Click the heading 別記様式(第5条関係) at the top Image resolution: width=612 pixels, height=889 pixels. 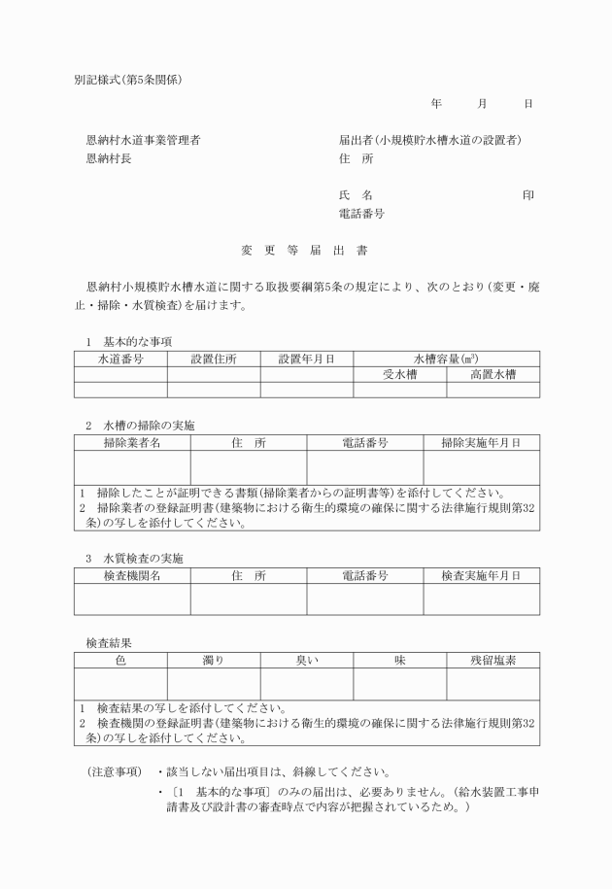127,79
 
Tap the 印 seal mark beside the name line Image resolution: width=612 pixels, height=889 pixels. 527,195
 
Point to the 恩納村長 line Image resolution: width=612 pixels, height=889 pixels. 109,158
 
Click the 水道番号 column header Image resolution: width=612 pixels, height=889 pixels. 120,359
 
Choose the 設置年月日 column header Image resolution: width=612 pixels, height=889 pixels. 306,359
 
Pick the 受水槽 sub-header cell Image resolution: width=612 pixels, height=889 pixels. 399,374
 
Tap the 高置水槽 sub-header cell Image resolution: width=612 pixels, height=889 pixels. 493,374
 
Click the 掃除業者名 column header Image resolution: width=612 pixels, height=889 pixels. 132,443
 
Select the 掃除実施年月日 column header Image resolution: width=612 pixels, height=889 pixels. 481,443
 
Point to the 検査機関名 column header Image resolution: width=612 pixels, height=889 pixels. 132,576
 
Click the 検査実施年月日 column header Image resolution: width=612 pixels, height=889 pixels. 481,576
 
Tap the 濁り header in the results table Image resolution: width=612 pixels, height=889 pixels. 214,661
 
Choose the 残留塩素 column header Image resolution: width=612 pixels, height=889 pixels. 493,661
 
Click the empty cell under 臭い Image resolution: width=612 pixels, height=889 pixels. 306,684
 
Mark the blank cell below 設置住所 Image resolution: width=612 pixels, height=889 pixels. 214,390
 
